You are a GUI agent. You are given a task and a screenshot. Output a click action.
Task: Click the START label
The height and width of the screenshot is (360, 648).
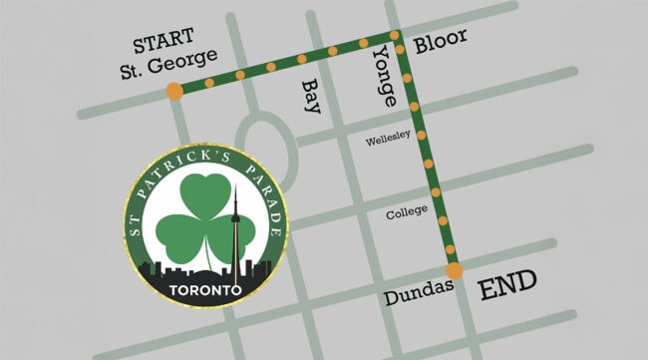(164, 45)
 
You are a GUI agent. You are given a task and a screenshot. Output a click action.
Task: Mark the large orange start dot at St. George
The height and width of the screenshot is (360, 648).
(174, 92)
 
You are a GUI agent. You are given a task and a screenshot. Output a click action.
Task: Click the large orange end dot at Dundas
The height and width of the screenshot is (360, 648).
(454, 270)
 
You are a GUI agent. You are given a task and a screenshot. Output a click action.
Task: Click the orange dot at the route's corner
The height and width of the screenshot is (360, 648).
(398, 37)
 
